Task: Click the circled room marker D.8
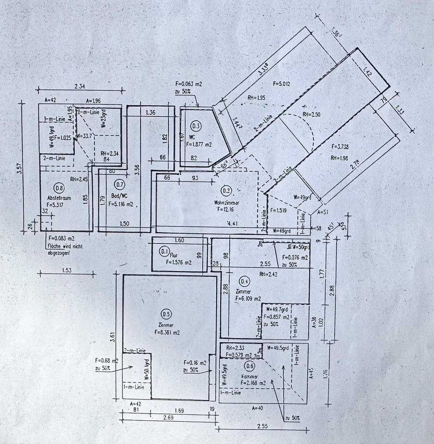(59, 187)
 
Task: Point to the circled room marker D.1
(164, 252)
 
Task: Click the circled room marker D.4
(245, 281)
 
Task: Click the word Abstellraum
(58, 197)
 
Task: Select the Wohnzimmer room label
(227, 202)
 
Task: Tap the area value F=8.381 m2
(166, 332)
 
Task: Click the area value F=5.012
(281, 84)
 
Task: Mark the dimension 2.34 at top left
(81, 85)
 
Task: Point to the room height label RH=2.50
(311, 114)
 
